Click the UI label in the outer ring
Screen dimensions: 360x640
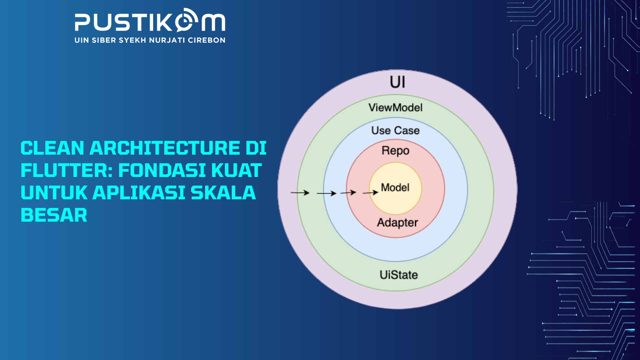(397, 82)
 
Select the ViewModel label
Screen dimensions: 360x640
(395, 108)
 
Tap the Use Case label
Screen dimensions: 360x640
(395, 130)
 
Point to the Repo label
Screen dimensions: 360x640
(395, 151)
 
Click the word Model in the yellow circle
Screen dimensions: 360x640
(395, 187)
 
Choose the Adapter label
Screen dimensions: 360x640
(397, 223)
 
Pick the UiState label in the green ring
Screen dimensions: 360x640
(399, 275)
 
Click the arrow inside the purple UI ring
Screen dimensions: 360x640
(300, 193)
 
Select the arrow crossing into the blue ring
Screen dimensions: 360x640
(326, 193)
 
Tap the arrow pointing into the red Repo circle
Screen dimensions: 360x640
(348, 192)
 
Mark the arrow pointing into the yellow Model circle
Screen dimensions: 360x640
(370, 193)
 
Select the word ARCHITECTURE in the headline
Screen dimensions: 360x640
(165, 148)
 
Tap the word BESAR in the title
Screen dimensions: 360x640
(54, 215)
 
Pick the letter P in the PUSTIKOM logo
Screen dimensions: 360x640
(82, 23)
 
